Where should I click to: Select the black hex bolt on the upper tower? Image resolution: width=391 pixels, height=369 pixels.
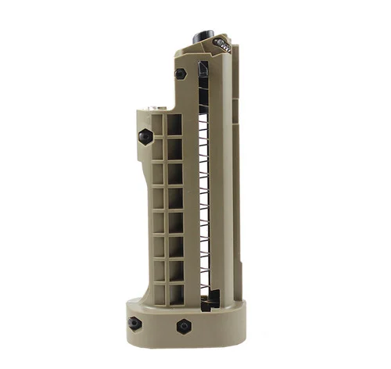(181, 73)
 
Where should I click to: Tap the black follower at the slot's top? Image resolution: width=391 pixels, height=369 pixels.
(204, 70)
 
